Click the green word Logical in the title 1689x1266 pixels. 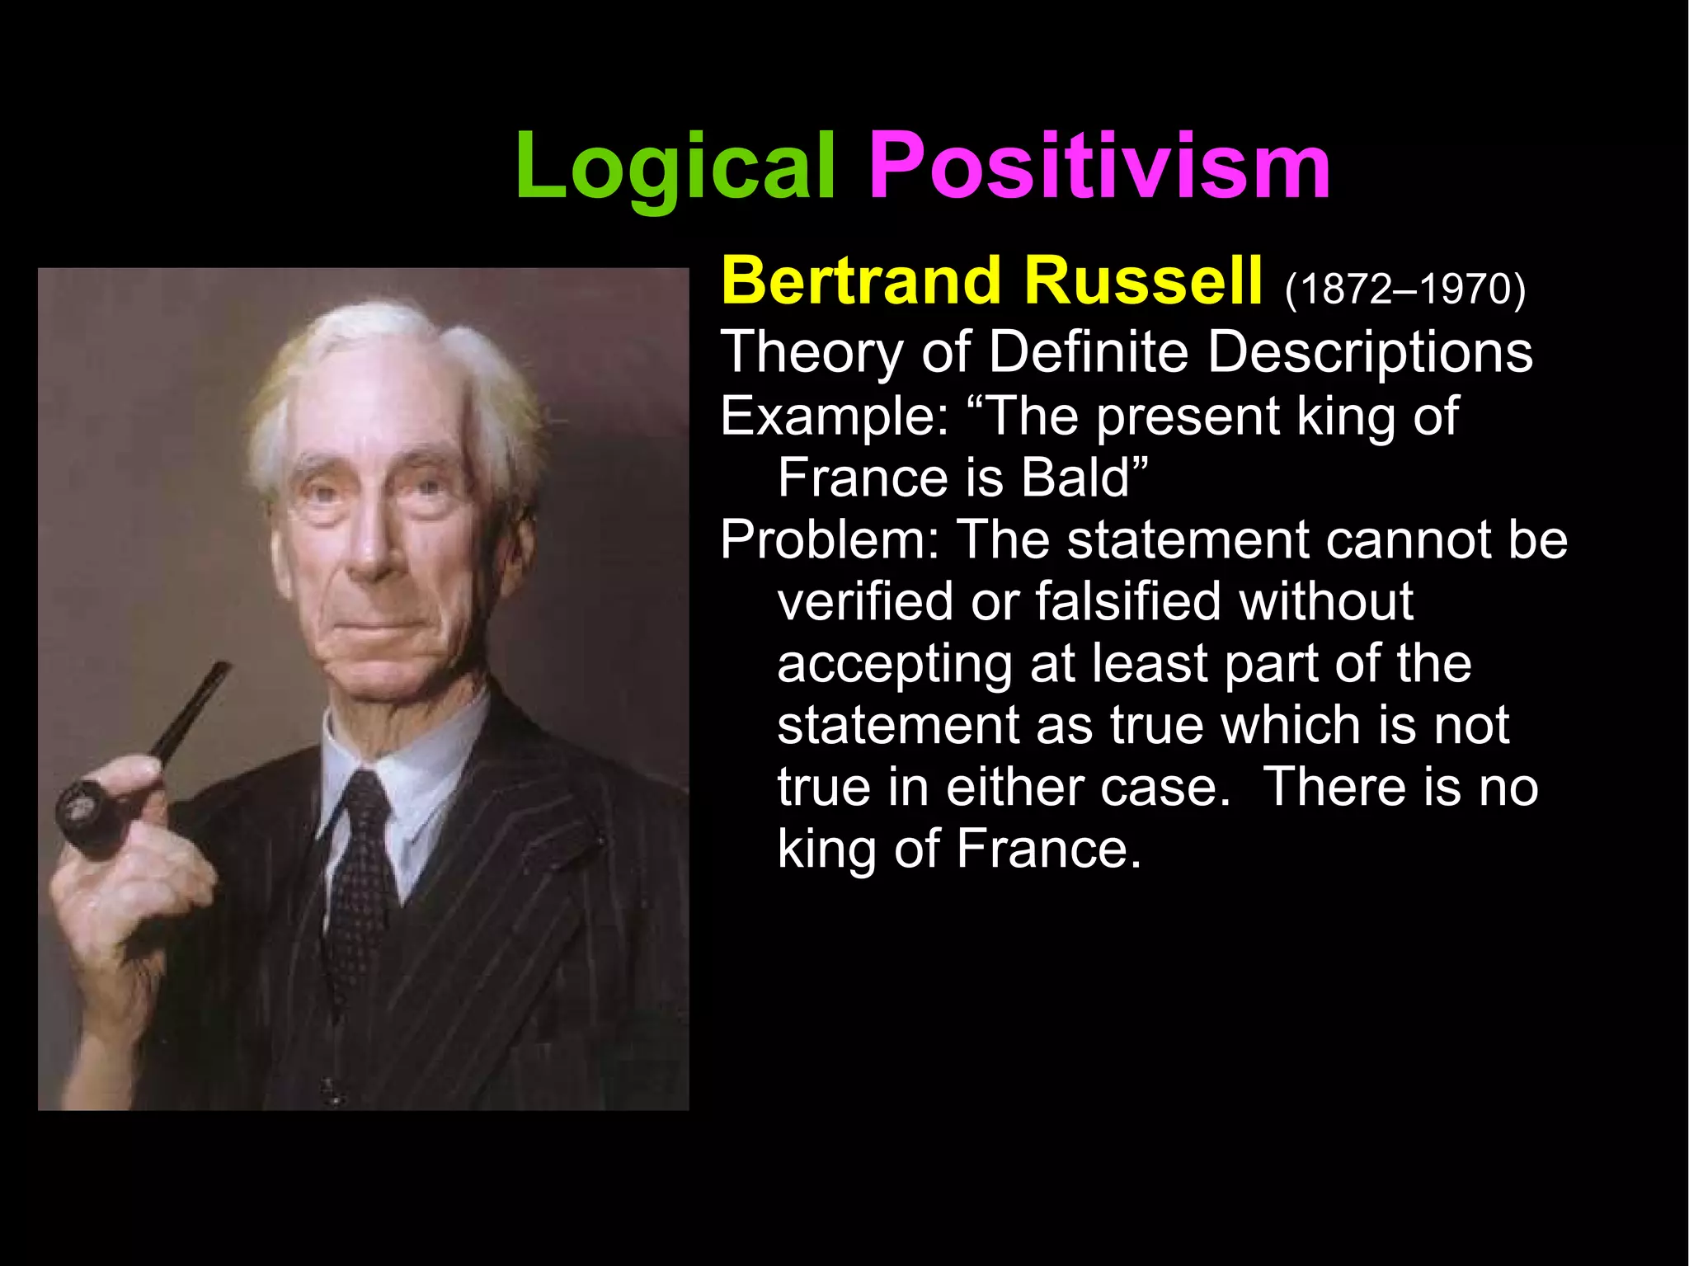click(x=675, y=167)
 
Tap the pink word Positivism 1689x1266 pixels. click(x=1099, y=167)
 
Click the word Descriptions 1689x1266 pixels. click(x=1370, y=352)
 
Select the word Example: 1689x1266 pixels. click(x=835, y=417)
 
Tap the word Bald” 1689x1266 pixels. click(x=1084, y=478)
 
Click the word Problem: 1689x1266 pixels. click(x=829, y=540)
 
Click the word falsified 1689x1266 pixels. click(x=1129, y=601)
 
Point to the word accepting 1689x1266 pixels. click(x=894, y=664)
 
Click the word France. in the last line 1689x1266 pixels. click(x=1048, y=849)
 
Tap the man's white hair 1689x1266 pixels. click(x=388, y=338)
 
